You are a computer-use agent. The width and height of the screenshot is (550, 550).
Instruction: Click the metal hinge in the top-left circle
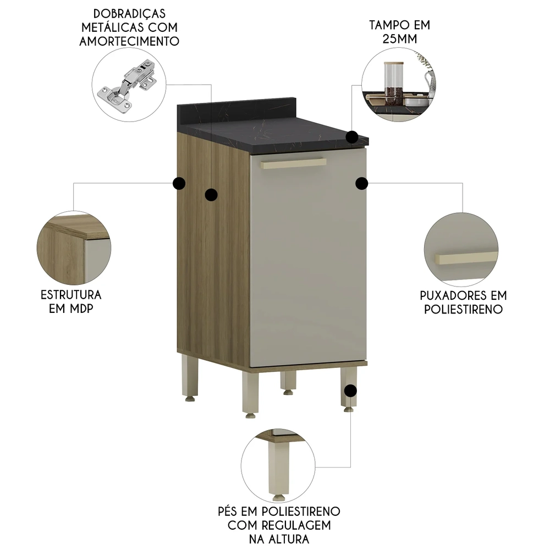click(127, 85)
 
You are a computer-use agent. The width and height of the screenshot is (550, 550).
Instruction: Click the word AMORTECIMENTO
click(130, 41)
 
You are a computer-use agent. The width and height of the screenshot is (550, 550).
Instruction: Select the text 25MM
click(399, 39)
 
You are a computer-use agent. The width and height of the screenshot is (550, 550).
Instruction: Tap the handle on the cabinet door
click(294, 163)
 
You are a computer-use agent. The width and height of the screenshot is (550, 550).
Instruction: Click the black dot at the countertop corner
click(353, 137)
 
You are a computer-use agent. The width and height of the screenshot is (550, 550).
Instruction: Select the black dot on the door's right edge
click(361, 183)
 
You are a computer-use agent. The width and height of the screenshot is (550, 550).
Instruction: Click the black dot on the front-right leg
click(349, 391)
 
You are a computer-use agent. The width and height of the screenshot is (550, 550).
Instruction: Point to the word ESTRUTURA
click(70, 295)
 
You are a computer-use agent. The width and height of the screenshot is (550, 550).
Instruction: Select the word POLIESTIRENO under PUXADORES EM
click(463, 309)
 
